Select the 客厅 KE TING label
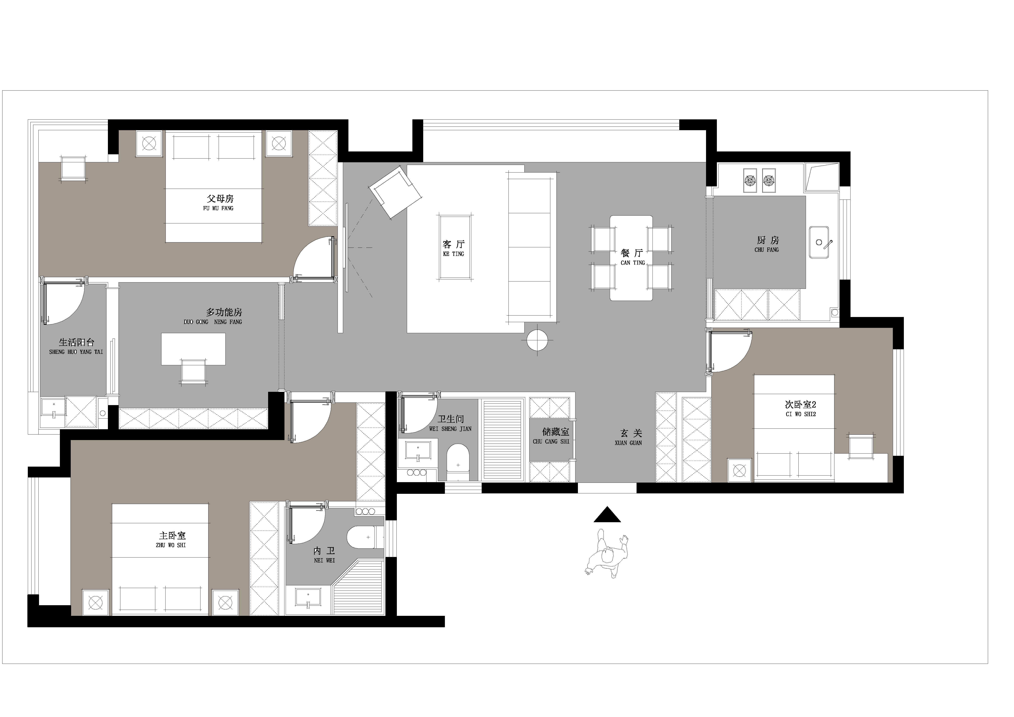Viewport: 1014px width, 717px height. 454,248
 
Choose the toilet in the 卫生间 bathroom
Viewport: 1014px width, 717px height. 458,463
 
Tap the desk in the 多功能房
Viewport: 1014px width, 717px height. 193,349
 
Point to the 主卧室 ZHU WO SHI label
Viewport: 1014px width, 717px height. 171,539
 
